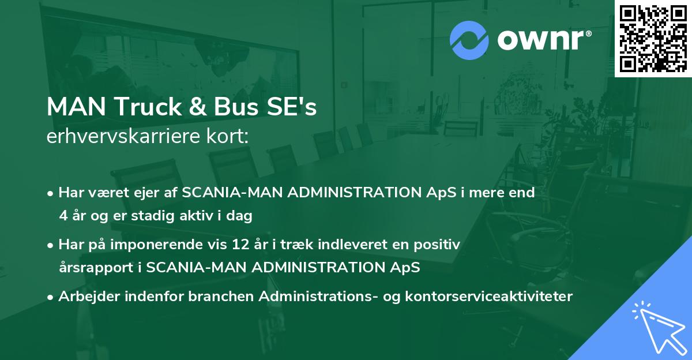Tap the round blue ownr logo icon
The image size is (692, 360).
click(x=470, y=40)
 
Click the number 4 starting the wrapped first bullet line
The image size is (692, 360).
click(x=62, y=216)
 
